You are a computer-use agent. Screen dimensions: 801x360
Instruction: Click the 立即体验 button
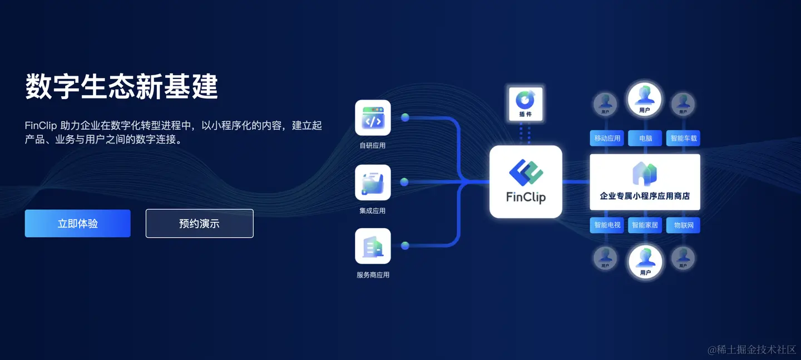[77, 223]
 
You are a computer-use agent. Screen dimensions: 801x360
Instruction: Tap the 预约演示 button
[199, 223]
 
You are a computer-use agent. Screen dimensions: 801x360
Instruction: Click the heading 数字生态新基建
[121, 87]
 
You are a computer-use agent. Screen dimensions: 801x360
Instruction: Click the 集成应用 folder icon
[373, 183]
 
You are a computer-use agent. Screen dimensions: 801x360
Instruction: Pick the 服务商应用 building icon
[373, 246]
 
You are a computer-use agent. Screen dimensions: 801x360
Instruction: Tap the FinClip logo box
[526, 181]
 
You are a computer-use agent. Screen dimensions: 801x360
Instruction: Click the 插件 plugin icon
[525, 101]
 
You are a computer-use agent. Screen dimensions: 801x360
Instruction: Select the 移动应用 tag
[607, 138]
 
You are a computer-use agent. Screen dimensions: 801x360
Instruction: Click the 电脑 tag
[645, 138]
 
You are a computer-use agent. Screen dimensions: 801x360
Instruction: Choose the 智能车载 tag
[683, 138]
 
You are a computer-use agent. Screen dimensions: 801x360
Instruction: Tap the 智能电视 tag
[607, 225]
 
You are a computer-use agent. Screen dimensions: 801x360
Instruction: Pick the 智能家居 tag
[645, 225]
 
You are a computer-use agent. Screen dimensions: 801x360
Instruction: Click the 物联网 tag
[683, 225]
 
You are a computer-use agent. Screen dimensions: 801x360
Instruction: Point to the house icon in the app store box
[645, 174]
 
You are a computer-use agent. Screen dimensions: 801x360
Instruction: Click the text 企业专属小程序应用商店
[645, 196]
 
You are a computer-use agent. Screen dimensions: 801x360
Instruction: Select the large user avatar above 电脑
[645, 98]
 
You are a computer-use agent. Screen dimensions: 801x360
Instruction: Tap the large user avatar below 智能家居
[645, 260]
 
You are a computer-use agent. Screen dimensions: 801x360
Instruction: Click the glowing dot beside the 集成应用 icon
[404, 182]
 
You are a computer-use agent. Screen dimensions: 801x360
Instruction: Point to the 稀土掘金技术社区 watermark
[751, 349]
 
